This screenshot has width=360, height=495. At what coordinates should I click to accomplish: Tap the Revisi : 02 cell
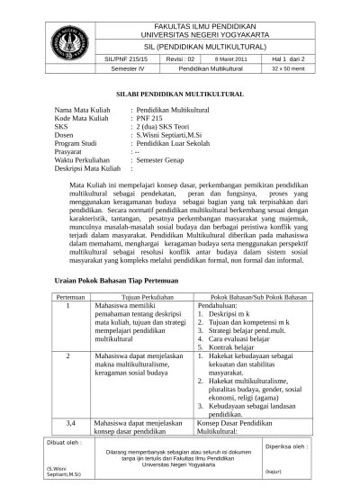pyautogui.click(x=179, y=57)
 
